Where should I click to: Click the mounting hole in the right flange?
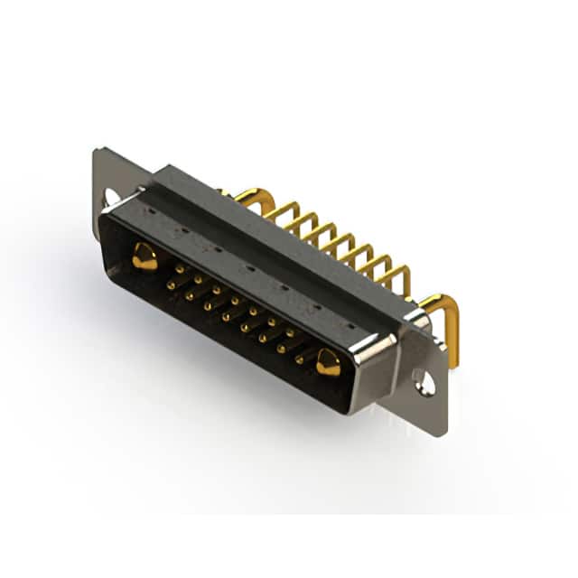tap(424, 383)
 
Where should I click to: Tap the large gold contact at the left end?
tap(144, 257)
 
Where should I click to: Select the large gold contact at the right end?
tap(328, 363)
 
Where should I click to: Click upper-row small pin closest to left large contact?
tap(179, 268)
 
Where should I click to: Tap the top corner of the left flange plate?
tap(98, 150)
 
